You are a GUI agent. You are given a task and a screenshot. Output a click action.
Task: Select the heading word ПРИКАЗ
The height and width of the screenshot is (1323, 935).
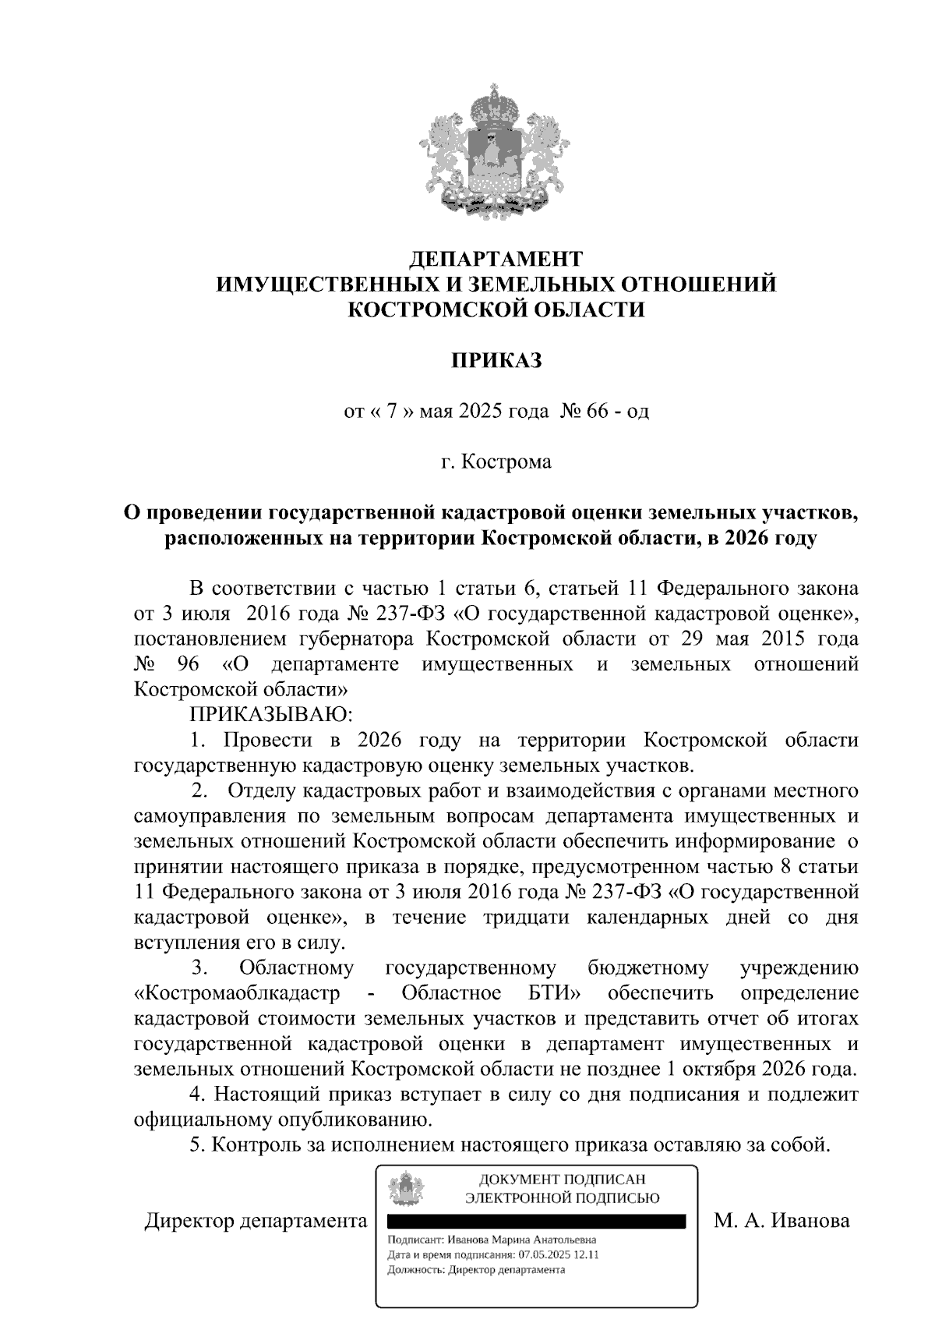point(496,360)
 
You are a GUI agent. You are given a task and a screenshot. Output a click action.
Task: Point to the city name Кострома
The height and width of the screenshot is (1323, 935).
point(506,462)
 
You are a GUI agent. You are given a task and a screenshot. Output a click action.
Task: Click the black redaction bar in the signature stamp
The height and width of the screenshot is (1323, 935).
point(536,1222)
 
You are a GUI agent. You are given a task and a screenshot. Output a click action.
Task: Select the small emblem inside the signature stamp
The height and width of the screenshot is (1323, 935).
point(406,1190)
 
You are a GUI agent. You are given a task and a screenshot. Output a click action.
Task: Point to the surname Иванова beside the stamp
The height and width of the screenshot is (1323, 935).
point(810,1220)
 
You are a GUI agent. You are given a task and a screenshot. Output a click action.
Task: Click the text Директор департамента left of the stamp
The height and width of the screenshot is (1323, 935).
point(256,1220)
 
